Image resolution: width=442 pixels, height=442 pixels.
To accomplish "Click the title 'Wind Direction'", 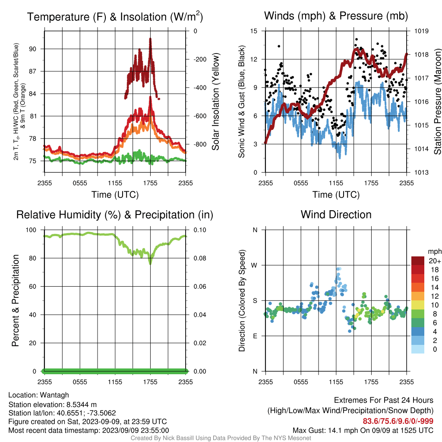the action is click(x=336, y=215).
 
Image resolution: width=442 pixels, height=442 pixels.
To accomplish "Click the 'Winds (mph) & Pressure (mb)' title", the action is click(x=336, y=16).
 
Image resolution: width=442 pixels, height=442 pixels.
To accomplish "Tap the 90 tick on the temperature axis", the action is click(x=33, y=49).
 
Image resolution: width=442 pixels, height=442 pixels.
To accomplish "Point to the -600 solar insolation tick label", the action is click(x=200, y=116).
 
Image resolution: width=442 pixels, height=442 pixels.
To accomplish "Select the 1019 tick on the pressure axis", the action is click(x=421, y=31).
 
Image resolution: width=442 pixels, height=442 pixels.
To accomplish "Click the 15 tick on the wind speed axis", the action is click(x=254, y=31).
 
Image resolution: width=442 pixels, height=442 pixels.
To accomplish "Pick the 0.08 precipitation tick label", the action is click(x=200, y=258).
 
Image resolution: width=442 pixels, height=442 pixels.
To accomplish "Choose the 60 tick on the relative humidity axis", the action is click(x=33, y=287).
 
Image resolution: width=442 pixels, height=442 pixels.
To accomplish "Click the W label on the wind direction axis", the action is click(x=254, y=265).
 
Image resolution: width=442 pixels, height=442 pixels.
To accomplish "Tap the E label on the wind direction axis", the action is click(x=255, y=336).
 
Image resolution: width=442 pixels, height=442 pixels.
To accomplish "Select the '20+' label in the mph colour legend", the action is click(x=435, y=261).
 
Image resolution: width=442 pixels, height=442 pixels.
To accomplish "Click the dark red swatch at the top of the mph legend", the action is click(x=418, y=261).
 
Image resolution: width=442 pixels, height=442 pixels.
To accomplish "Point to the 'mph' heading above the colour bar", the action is click(x=434, y=252).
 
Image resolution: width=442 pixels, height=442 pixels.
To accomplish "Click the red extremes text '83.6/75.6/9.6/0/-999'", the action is click(x=398, y=421).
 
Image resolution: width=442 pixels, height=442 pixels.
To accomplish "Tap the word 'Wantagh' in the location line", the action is click(x=54, y=395).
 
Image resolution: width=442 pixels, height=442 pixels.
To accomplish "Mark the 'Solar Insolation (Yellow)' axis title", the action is click(x=215, y=101).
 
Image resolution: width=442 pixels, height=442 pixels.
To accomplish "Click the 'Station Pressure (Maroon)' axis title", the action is click(x=437, y=101).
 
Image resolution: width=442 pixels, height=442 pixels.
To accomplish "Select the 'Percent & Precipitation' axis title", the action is click(x=16, y=300).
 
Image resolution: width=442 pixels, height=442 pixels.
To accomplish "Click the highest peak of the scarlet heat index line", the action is click(x=150, y=39).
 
